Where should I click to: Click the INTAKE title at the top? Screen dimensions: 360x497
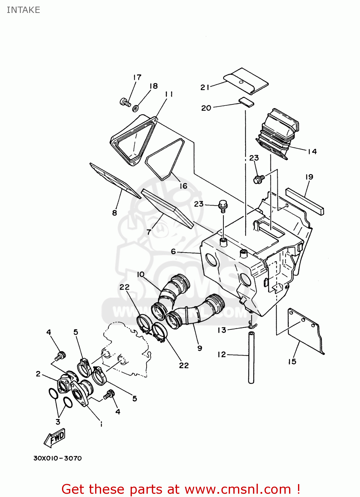[23, 10]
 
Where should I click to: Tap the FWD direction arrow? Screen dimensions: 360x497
[55, 438]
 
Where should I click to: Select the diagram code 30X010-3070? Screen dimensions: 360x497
[57, 458]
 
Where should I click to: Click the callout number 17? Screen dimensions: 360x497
[137, 78]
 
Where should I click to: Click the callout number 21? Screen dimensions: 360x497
[205, 87]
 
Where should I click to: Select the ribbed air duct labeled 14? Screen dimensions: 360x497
[277, 134]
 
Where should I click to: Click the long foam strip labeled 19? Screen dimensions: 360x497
[305, 201]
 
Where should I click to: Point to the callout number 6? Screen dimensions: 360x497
[173, 251]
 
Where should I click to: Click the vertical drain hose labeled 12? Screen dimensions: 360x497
[251, 358]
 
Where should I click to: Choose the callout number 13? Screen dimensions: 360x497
[222, 330]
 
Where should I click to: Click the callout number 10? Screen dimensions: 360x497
[141, 274]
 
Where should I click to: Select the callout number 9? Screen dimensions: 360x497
[200, 348]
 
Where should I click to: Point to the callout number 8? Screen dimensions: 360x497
[114, 213]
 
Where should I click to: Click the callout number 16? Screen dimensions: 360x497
[184, 186]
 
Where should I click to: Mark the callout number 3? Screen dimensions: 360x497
[58, 422]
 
